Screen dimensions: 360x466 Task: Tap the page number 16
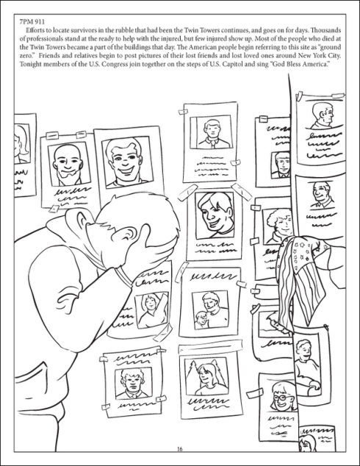pos(180,449)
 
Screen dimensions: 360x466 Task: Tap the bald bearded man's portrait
pos(69,164)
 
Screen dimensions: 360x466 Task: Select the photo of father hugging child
pos(210,310)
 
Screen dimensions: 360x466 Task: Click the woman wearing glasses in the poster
pos(281,396)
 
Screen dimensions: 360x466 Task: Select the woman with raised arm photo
pos(152,310)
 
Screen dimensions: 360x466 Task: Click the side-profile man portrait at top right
pos(321,116)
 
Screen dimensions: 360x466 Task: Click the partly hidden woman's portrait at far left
pos(21,143)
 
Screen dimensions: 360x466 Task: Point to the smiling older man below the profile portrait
pos(322,196)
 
